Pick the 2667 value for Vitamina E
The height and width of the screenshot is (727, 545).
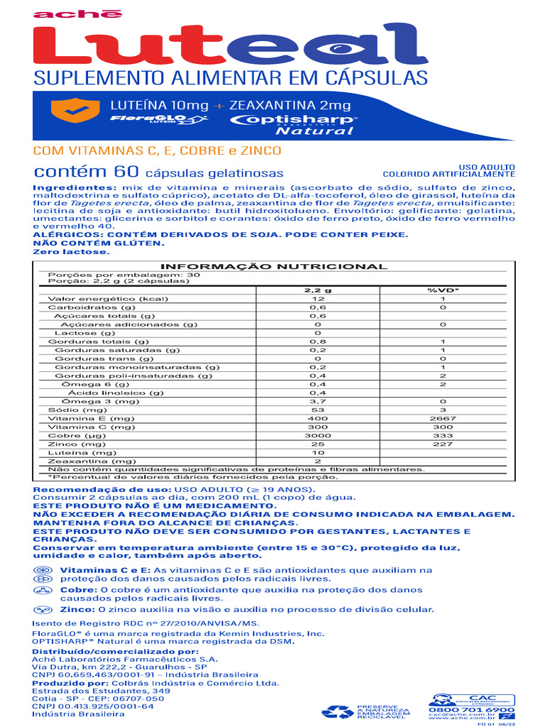443,419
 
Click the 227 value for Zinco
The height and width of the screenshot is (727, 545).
442,444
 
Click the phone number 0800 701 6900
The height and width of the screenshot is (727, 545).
471,709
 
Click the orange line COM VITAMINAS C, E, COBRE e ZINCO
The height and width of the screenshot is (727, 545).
158,151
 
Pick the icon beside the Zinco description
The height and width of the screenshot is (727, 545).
44,609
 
